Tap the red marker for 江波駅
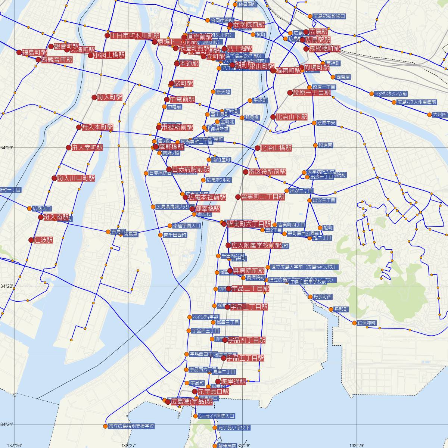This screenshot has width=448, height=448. point(31,240)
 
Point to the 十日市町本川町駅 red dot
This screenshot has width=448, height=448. point(108,36)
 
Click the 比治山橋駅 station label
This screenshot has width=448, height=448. point(276,148)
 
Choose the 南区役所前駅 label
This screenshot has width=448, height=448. point(267,172)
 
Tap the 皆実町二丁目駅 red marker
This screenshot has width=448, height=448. point(238,197)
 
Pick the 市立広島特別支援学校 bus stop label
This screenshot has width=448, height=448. point(131,426)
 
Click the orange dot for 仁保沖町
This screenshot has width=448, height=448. point(354,323)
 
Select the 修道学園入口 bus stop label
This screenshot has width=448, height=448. point(187,226)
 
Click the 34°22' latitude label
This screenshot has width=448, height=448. point(6,286)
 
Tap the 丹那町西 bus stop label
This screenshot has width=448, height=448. point(323,297)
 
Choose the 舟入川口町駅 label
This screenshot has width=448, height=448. point(76,178)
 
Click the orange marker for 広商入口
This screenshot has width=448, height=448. point(30,208)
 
